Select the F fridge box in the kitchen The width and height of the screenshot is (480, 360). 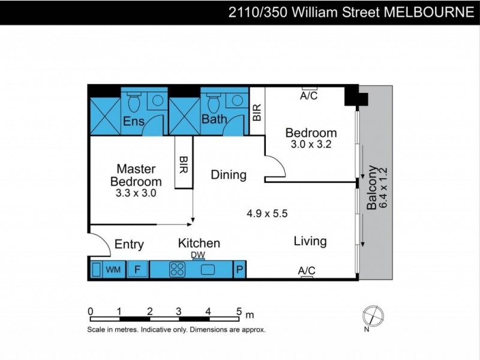point(137,270)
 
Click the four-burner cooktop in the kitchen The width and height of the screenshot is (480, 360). point(178,270)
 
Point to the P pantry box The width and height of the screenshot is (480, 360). point(239,270)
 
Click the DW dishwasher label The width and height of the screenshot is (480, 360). point(198,255)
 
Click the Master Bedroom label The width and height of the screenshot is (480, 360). point(136,175)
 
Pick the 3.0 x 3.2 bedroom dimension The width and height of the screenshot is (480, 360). point(311,145)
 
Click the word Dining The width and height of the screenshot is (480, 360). point(229,175)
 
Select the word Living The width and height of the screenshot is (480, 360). point(310,241)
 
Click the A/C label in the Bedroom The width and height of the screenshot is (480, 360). point(309,95)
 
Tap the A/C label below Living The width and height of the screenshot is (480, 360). point(307,271)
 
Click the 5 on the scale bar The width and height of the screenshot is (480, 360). point(239,312)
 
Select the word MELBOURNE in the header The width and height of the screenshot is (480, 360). point(431,12)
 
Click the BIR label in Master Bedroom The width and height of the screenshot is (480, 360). point(183,166)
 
